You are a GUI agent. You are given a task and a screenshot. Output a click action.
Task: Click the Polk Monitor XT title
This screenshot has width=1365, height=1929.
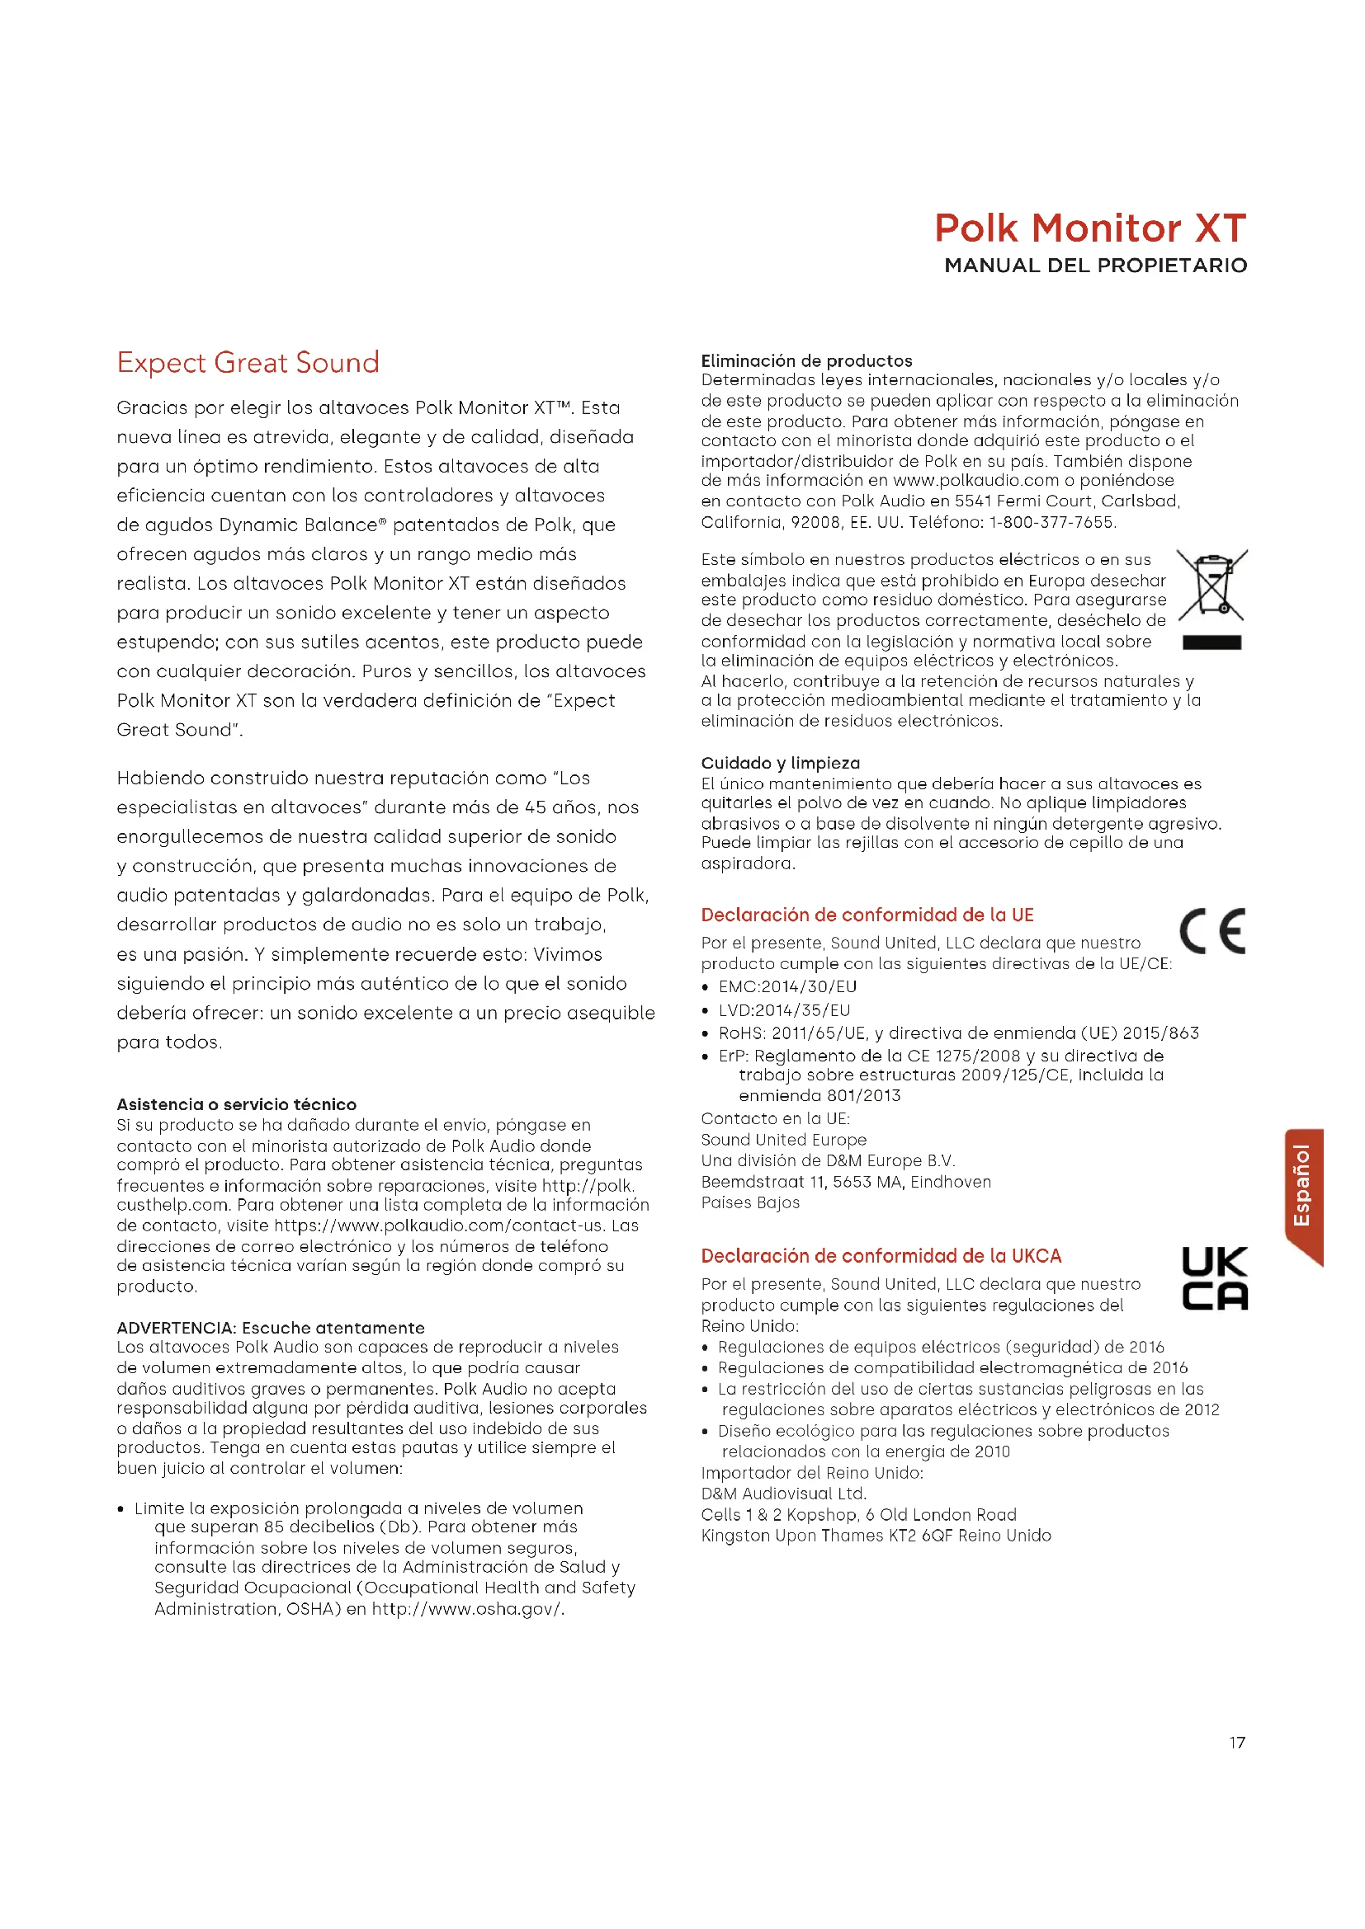coord(1090,228)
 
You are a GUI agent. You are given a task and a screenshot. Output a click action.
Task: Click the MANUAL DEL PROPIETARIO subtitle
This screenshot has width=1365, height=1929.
coord(1095,266)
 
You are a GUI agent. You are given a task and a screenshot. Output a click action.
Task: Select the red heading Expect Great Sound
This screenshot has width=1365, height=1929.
coord(248,362)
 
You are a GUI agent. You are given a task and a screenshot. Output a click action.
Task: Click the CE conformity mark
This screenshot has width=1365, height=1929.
coord(1212,931)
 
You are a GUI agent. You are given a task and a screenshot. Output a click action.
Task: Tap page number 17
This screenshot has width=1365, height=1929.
coord(1237,1743)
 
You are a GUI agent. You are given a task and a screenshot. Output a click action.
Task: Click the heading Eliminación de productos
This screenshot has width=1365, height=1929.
coord(806,360)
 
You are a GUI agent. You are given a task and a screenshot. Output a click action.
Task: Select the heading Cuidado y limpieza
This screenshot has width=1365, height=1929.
coord(780,763)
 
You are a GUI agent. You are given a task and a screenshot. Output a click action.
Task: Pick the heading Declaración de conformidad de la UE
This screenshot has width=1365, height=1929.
coord(867,915)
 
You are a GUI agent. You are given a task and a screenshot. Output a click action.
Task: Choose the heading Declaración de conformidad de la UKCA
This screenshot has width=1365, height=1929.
coord(881,1256)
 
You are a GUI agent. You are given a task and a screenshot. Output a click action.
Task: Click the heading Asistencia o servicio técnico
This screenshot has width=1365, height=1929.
coord(236,1104)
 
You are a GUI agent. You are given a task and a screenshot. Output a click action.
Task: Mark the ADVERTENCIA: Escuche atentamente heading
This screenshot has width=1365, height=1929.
coord(270,1328)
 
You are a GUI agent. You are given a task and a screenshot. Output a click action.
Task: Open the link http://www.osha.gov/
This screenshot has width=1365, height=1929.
coord(466,1609)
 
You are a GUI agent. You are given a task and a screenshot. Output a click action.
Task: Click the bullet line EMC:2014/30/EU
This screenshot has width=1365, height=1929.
coord(786,986)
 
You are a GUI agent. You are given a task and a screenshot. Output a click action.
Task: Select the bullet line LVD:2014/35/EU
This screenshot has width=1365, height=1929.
coord(783,1010)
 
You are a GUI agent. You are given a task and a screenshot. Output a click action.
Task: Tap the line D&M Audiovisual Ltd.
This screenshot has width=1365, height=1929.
coord(783,1493)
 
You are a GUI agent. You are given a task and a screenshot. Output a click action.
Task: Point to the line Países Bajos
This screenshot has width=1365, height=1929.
coord(749,1202)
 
